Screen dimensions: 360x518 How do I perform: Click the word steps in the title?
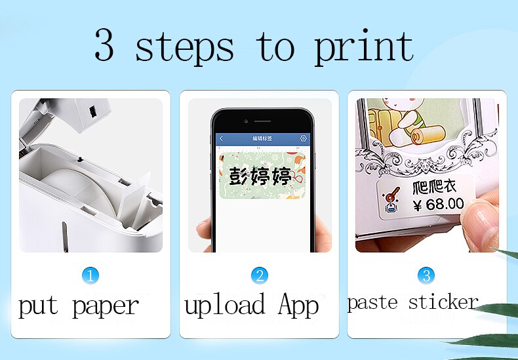tap(184, 47)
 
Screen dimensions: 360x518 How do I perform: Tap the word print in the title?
tap(364, 48)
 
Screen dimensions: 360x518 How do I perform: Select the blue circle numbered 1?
tap(90, 275)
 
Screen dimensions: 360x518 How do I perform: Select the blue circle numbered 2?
tap(259, 275)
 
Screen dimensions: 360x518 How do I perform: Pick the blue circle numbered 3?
tap(426, 275)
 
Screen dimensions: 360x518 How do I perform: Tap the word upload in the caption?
tap(225, 306)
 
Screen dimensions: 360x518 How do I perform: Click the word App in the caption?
tap(298, 306)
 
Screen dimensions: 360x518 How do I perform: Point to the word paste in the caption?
tap(373, 303)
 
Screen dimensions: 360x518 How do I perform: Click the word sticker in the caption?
tap(443, 302)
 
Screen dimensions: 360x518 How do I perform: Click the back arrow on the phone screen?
tap(222, 139)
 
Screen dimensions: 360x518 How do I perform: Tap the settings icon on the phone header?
tap(303, 139)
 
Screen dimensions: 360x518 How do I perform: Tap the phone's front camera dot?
tap(245, 121)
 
